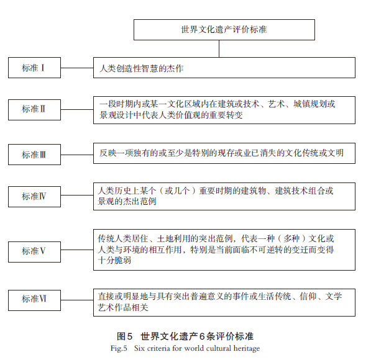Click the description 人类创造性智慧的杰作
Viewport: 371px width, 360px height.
[141, 68]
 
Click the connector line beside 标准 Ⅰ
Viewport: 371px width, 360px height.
[77, 68]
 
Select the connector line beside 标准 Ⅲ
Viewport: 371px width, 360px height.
[77, 155]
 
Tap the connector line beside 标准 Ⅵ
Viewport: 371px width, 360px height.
[77, 300]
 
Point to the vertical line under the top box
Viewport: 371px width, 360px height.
[219, 48]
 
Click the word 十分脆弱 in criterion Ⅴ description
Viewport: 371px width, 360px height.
[114, 260]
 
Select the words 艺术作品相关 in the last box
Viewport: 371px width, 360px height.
[123, 307]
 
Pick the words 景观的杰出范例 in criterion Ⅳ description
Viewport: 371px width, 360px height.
[127, 201]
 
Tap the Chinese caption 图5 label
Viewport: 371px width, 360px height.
[124, 336]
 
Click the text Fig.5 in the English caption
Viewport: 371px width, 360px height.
[119, 348]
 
